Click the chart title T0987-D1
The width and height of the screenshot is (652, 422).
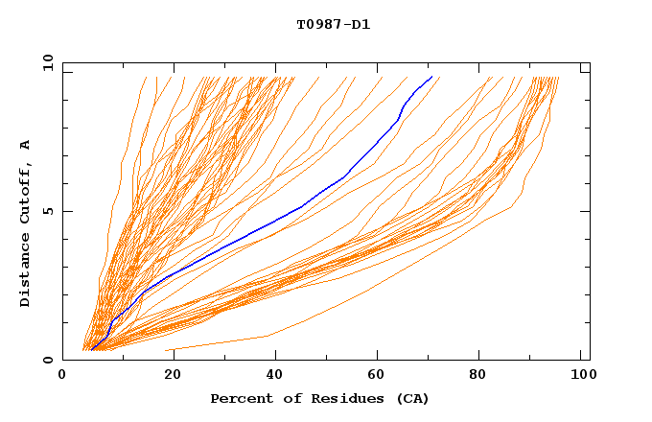pyautogui.click(x=333, y=24)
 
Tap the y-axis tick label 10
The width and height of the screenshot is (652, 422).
pyautogui.click(x=47, y=62)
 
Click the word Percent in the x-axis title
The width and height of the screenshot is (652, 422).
pyautogui.click(x=239, y=398)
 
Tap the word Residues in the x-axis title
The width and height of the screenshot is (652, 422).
pyautogui.click(x=339, y=398)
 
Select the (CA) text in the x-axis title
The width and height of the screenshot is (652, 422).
pyautogui.click(x=409, y=398)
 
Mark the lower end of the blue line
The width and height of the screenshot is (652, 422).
pyautogui.click(x=92, y=349)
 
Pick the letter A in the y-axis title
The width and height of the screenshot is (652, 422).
pyautogui.click(x=26, y=144)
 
